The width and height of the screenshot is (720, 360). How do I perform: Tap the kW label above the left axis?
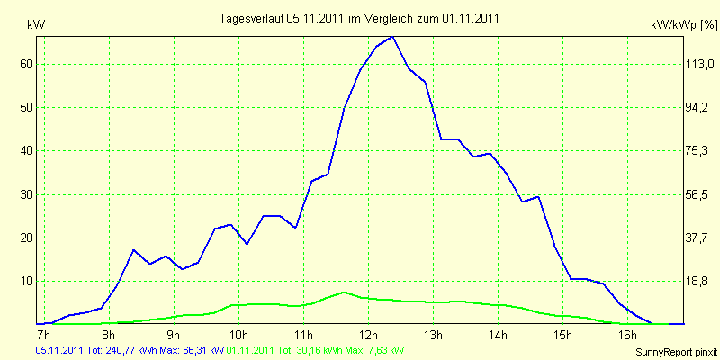(36, 25)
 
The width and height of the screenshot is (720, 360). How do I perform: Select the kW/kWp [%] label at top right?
(684, 25)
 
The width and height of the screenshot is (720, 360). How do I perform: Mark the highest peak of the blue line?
(392, 37)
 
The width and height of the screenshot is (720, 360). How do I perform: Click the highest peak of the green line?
(344, 292)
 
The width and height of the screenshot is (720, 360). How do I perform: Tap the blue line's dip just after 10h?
(247, 244)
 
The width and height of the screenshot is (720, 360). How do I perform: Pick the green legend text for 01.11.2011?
(316, 351)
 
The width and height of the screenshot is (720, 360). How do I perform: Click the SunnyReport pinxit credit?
(676, 353)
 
